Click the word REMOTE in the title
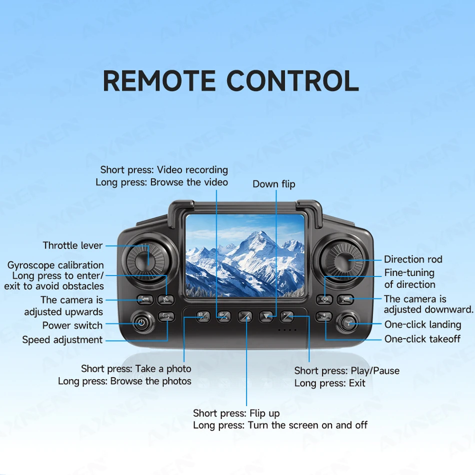pos(159,81)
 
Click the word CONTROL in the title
pos(292,81)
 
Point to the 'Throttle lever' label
pos(72,245)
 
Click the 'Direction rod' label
pos(413,259)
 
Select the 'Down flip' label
pos(273,184)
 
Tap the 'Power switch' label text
pos(72,325)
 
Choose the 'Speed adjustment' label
pos(62,340)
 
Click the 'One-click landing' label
pos(422,324)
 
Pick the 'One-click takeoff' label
pos(422,339)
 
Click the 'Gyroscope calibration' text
pos(55,265)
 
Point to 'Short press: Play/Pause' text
pos(346,370)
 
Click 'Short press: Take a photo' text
pos(136,369)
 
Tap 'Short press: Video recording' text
pos(164,170)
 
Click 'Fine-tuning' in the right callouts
pos(409,273)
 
